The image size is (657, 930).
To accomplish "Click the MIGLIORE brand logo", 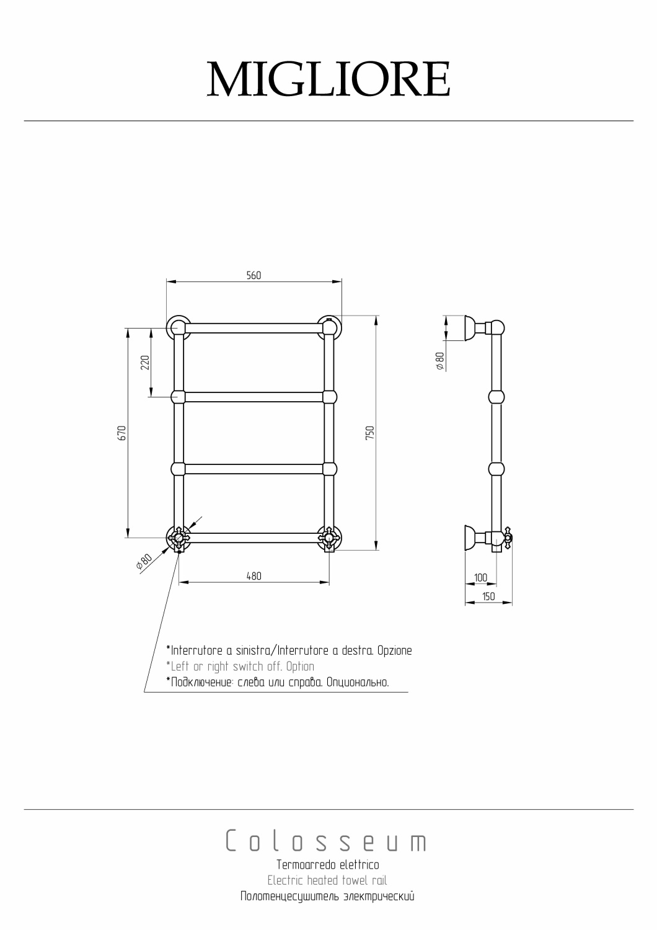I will [328, 79].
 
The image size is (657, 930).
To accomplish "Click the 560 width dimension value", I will [254, 275].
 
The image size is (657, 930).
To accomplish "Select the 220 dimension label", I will [145, 362].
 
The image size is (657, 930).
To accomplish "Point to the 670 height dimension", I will [122, 432].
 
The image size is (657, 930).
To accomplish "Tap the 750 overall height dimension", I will [369, 432].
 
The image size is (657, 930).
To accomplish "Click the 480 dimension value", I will [254, 575].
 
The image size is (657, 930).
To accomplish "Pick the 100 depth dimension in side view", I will [480, 577].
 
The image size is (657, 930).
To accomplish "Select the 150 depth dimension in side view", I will [488, 596].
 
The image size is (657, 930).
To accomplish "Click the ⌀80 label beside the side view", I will [439, 361].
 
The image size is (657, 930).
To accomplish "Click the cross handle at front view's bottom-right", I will [328, 538].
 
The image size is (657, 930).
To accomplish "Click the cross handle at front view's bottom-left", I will [179, 538].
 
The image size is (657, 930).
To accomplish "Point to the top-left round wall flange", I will [178, 327].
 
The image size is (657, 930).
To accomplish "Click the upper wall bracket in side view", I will [475, 328].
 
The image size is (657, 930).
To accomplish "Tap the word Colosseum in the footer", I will [327, 841].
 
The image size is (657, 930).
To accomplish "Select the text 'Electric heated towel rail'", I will [327, 880].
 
